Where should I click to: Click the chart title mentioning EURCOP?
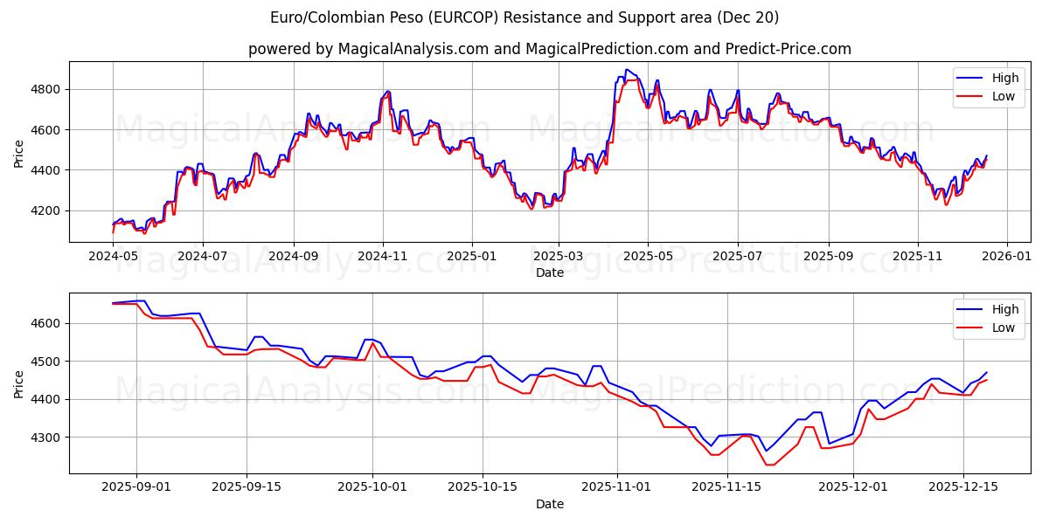pyautogui.click(x=524, y=17)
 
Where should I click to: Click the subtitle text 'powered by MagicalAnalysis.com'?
pyautogui.click(x=367, y=49)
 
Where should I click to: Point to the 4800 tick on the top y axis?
pyautogui.click(x=45, y=89)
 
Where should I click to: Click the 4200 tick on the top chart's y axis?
pyautogui.click(x=45, y=210)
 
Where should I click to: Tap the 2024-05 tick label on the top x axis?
pyautogui.click(x=113, y=257)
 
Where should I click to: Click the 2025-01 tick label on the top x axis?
pyautogui.click(x=472, y=257)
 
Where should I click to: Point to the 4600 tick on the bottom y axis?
pyautogui.click(x=45, y=323)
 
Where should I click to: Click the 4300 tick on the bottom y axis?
pyautogui.click(x=45, y=438)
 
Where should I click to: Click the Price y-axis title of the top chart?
pyautogui.click(x=19, y=152)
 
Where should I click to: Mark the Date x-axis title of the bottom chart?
pyautogui.click(x=550, y=504)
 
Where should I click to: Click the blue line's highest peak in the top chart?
pyautogui.click(x=627, y=70)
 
